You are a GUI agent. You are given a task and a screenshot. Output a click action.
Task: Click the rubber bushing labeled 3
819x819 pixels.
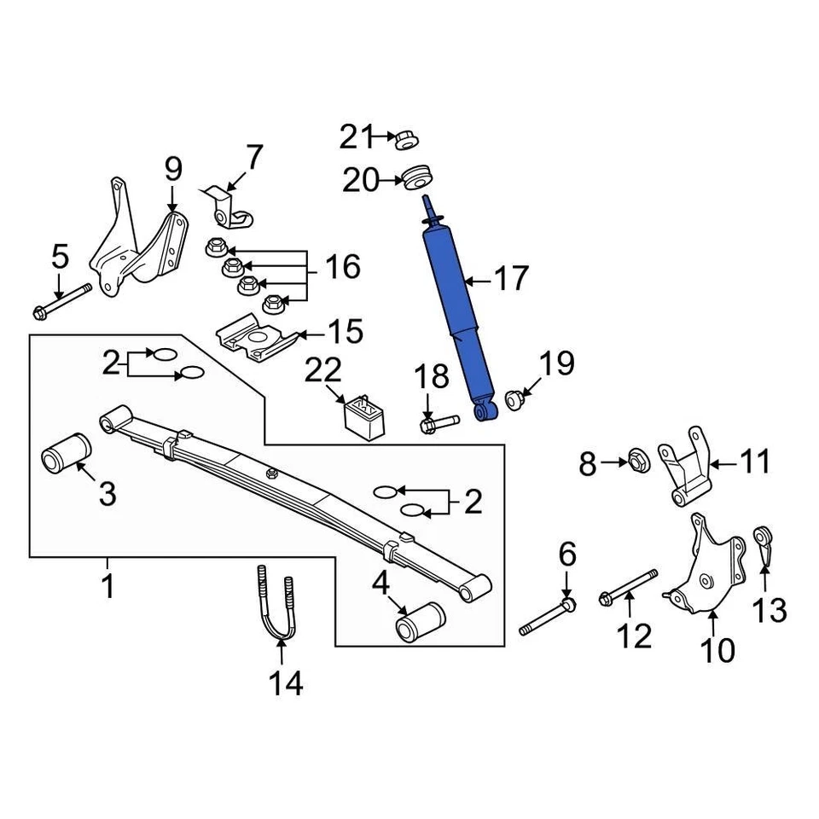click(66, 453)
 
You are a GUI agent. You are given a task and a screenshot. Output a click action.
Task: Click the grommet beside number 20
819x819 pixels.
click(417, 177)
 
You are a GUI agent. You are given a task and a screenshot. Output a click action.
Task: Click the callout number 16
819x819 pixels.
click(343, 266)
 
